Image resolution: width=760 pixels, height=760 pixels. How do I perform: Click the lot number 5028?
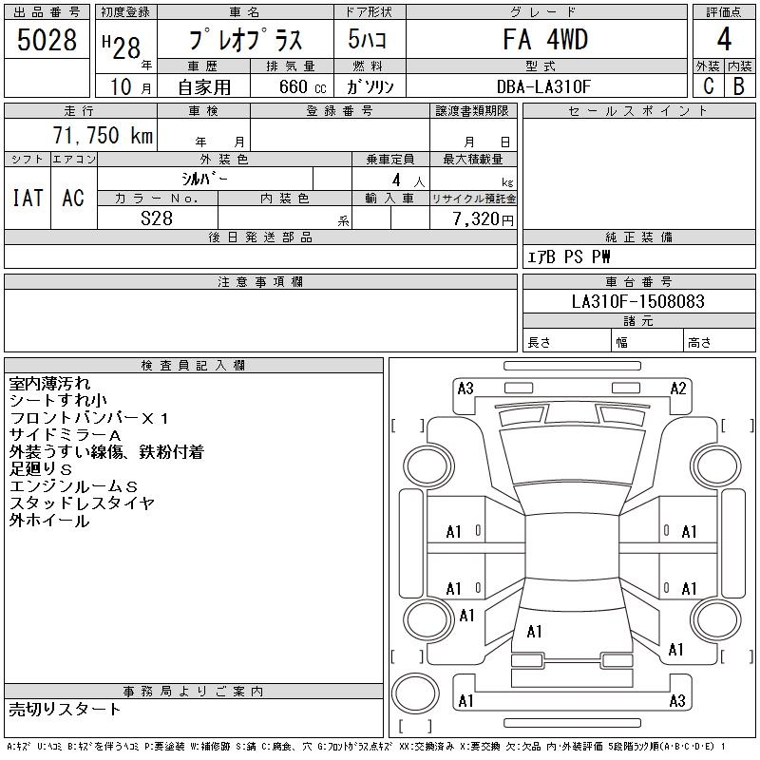[47, 40]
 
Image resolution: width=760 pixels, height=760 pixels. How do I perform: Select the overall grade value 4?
[724, 41]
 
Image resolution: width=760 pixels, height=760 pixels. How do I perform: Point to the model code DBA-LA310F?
[544, 86]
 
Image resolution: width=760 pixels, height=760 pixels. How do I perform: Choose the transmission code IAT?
[27, 198]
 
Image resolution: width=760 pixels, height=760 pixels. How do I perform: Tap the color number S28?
[157, 218]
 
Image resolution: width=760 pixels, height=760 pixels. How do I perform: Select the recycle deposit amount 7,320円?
[484, 218]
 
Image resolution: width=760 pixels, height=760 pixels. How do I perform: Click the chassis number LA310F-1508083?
[637, 301]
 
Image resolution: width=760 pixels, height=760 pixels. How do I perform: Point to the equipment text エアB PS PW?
[569, 256]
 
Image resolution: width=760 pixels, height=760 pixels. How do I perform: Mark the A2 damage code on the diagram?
[678, 388]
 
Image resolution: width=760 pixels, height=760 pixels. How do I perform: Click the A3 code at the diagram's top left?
[465, 388]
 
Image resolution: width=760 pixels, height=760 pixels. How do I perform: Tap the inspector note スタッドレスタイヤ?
[82, 503]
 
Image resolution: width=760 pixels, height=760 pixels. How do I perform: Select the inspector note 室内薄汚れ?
[50, 384]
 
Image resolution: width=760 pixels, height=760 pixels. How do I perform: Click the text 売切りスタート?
[66, 709]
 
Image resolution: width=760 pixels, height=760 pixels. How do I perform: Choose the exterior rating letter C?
[707, 86]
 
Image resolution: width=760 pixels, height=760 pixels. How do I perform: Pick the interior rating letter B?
[739, 86]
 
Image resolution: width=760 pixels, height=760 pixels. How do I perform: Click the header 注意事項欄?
[260, 282]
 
